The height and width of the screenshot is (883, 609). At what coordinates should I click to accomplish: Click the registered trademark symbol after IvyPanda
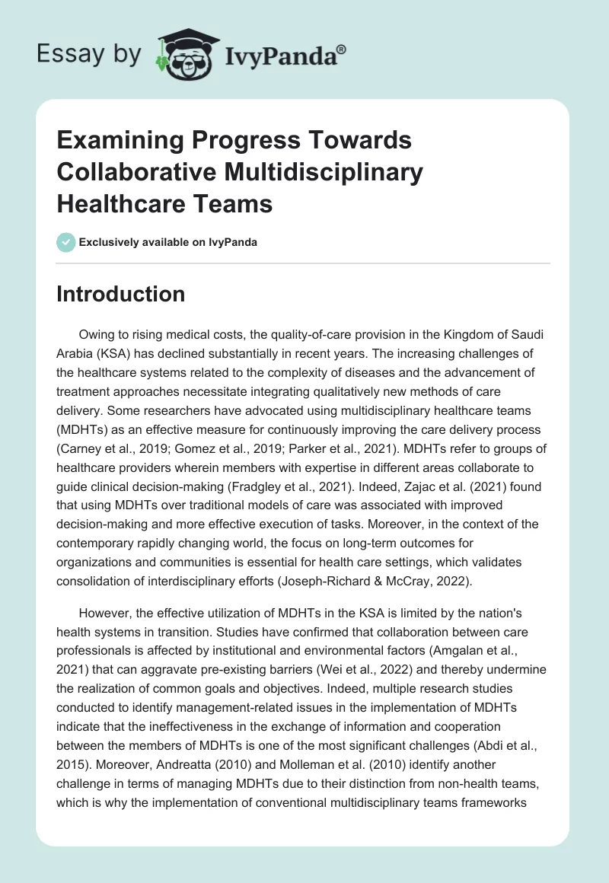(342, 49)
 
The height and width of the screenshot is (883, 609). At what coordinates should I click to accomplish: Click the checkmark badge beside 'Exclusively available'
(66, 242)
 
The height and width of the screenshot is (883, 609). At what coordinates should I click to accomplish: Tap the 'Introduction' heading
(120, 295)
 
